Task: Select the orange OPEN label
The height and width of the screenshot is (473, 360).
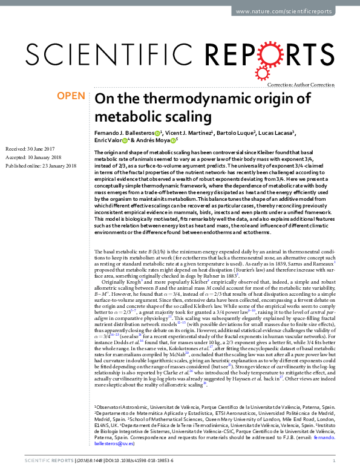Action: pos(70,96)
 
